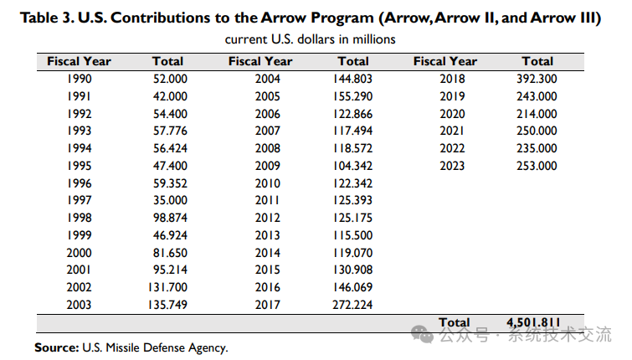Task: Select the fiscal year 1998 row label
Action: click(79, 217)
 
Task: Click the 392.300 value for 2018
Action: click(537, 79)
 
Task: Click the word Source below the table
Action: click(55, 347)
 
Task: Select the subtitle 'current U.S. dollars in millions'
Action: click(310, 39)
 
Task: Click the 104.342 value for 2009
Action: click(352, 166)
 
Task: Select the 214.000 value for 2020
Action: click(537, 114)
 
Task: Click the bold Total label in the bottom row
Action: click(455, 322)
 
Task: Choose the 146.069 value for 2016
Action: click(352, 286)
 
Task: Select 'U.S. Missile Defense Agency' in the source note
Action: click(154, 347)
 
